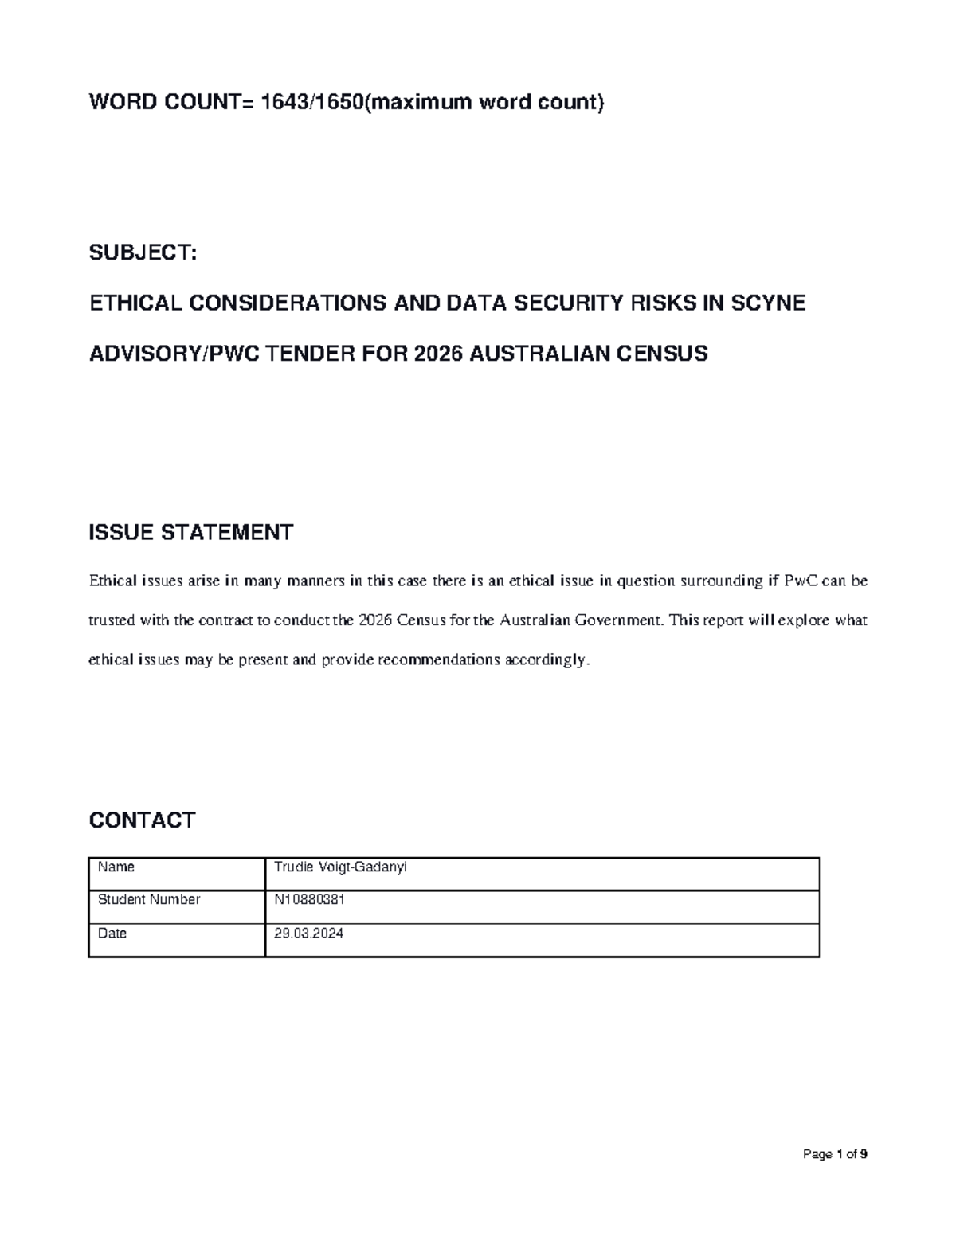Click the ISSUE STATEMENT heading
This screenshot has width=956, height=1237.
(x=190, y=532)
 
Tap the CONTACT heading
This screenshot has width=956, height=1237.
(x=142, y=820)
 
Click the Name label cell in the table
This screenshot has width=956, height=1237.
(x=116, y=867)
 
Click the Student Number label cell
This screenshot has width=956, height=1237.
(x=149, y=900)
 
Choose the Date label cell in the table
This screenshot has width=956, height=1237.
(x=112, y=934)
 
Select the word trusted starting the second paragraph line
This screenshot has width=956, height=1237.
(x=112, y=620)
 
